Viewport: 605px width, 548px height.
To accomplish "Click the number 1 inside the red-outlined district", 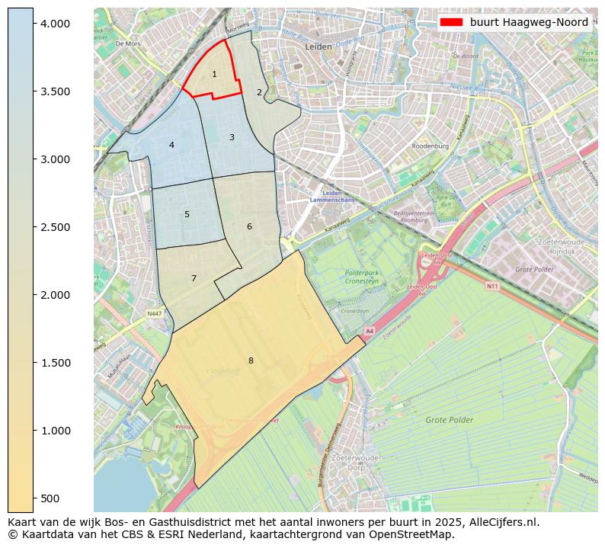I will pyautogui.click(x=214, y=74).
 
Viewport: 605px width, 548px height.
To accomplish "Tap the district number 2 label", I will pyautogui.click(x=259, y=92).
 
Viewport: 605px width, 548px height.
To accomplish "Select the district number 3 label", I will pyautogui.click(x=232, y=137).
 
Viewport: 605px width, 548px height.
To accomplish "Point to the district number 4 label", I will pyautogui.click(x=171, y=145).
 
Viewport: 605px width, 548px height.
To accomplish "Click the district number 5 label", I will pyautogui.click(x=187, y=214).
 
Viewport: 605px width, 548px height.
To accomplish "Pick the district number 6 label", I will pyautogui.click(x=249, y=226).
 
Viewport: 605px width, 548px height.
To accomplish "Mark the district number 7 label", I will pyautogui.click(x=194, y=278).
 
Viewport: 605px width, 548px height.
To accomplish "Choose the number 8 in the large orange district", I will pyautogui.click(x=250, y=361).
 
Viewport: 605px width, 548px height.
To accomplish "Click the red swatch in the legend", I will pyautogui.click(x=451, y=22).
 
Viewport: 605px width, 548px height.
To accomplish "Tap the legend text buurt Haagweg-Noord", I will pyautogui.click(x=529, y=22).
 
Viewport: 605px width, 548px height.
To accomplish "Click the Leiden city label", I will pyautogui.click(x=318, y=46).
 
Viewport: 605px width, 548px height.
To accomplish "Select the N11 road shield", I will pyautogui.click(x=492, y=287).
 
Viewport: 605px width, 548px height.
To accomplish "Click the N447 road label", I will pyautogui.click(x=155, y=313).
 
